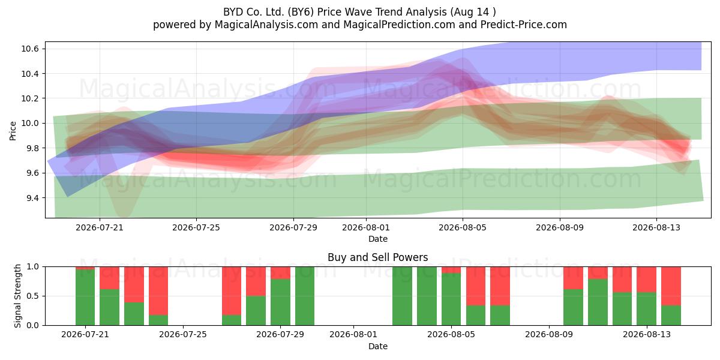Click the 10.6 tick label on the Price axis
[30, 49]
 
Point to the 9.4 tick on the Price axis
[30, 198]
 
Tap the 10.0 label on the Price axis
[30, 124]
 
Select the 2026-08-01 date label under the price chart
[366, 227]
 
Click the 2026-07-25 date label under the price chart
[196, 227]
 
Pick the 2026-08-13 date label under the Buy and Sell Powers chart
[647, 335]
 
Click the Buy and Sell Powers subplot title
[377, 257]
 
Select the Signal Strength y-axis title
[17, 296]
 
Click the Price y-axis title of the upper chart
[13, 131]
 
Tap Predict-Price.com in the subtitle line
[524, 25]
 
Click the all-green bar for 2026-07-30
[305, 296]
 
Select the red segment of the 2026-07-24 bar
[158, 291]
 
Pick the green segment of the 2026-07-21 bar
[85, 298]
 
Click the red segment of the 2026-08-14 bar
[671, 286]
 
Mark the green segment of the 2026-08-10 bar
[574, 307]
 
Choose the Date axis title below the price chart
[377, 239]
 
